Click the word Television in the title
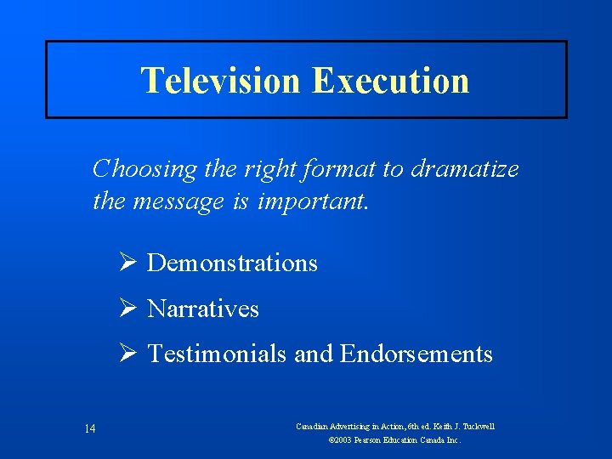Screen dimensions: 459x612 221,81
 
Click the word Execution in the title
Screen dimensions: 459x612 390,81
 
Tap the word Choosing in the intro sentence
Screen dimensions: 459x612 144,169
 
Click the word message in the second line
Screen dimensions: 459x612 180,202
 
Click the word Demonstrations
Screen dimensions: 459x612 232,263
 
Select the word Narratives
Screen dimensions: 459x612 203,309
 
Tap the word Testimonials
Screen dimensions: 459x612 217,354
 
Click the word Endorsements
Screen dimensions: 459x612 416,354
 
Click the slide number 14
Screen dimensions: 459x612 90,428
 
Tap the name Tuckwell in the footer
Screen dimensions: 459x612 477,427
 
